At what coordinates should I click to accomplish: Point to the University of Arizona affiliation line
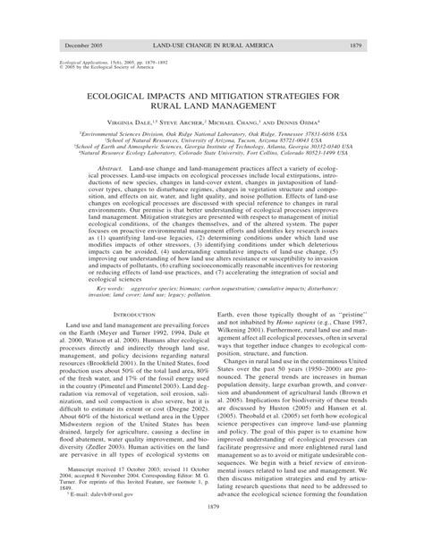tap(212, 138)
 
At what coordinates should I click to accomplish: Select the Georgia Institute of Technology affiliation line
tap(212, 144)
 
